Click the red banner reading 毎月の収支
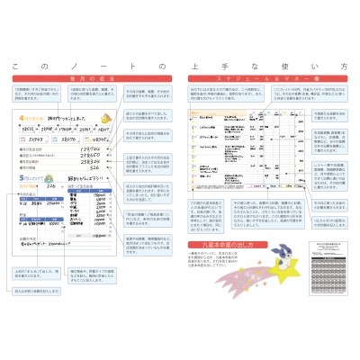[x=87, y=81]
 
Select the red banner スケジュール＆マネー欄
[x=267, y=81]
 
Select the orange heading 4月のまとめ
[x=28, y=118]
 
